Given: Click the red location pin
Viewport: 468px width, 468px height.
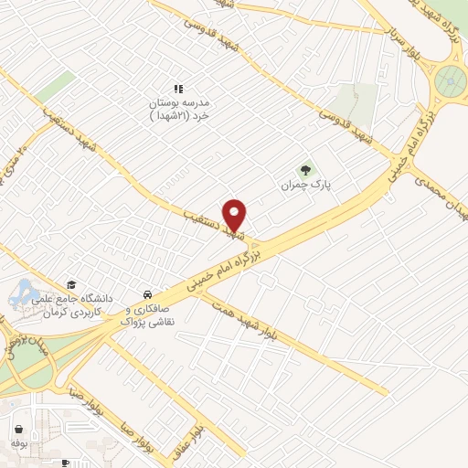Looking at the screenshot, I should (x=235, y=214).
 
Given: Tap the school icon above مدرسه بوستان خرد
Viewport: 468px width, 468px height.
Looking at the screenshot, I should (x=179, y=89).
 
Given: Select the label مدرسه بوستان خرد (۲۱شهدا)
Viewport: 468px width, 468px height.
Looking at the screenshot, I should (x=179, y=110).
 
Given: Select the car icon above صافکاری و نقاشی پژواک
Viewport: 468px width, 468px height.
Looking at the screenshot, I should (x=147, y=294).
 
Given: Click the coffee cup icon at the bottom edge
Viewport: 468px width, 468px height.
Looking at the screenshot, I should (x=64, y=463).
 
